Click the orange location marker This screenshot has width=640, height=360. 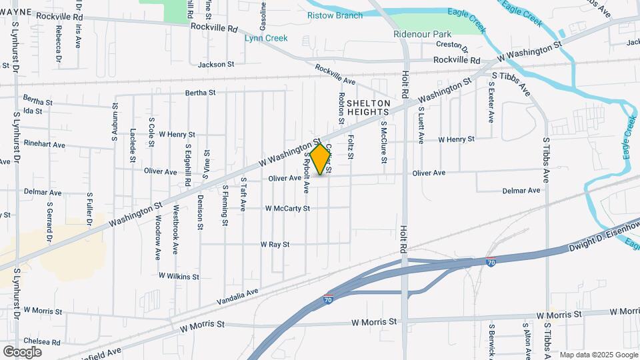click(321, 159)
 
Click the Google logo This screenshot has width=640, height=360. click(23, 351)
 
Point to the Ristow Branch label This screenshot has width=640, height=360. click(334, 15)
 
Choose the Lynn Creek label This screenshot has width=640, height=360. click(266, 38)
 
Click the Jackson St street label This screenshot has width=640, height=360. click(217, 65)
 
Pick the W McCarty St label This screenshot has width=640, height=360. click(287, 208)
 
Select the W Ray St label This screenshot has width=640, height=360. click(275, 245)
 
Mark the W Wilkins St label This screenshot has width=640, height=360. click(179, 275)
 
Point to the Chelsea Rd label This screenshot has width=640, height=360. click(41, 343)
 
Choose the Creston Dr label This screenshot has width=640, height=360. click(453, 48)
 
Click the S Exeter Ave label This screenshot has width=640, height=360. click(491, 105)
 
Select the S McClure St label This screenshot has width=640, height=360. click(384, 141)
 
